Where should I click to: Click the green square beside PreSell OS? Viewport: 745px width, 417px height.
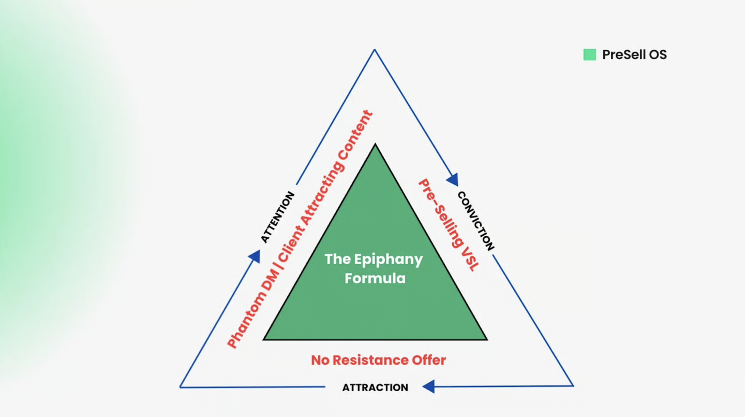coord(589,54)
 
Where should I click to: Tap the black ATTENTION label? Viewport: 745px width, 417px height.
coord(277,217)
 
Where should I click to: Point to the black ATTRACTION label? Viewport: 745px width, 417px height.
coord(375,387)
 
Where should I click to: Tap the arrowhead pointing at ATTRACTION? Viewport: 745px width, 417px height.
coord(428,386)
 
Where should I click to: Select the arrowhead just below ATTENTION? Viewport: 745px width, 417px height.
coord(254,256)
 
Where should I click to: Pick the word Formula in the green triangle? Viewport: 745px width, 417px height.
coord(375,278)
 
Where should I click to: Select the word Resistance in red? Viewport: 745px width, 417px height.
coord(373,360)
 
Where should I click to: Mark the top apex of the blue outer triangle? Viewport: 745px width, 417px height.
coord(374,50)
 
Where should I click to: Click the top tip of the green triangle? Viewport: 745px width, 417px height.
coord(376,145)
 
